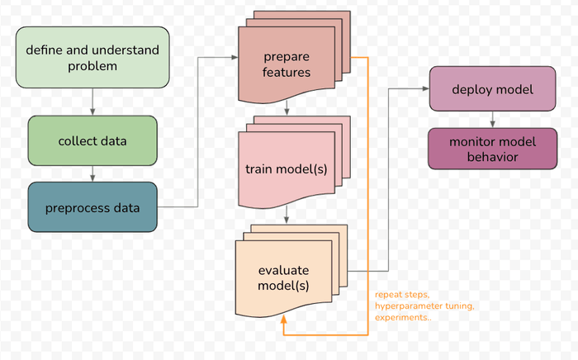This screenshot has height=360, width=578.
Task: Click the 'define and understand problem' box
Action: [x=92, y=57]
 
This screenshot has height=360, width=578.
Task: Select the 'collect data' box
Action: [x=92, y=140]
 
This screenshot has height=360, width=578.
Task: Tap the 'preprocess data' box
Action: [x=92, y=206]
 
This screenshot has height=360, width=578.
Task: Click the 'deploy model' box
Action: [x=492, y=89]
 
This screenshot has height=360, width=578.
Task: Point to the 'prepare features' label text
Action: [x=287, y=64]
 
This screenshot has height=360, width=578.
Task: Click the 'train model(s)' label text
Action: [x=286, y=169]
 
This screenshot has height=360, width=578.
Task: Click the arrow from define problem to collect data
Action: [x=92, y=101]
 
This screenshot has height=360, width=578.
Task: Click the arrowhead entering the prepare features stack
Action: [x=234, y=58]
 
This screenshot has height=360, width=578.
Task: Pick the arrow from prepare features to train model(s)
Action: [x=286, y=108]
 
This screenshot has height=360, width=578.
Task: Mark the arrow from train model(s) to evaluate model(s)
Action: [x=286, y=217]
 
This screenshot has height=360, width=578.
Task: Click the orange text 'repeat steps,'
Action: [x=402, y=294]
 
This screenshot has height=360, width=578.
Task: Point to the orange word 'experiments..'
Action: [x=402, y=317]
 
